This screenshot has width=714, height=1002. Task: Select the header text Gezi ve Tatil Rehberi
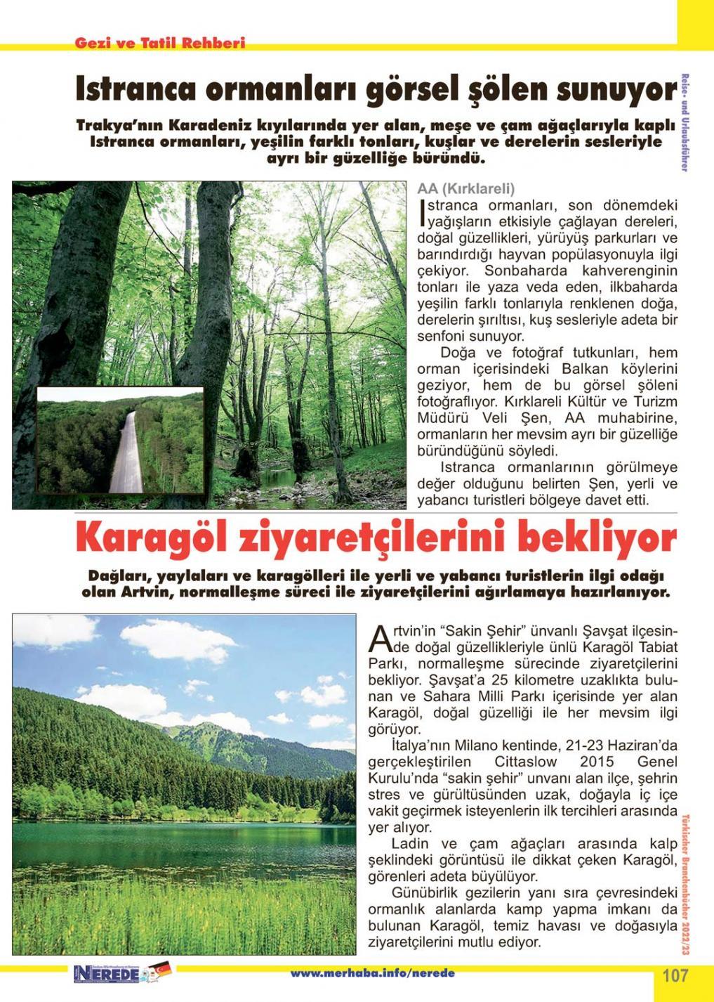[160, 43]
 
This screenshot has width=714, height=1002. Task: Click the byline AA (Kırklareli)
[466, 189]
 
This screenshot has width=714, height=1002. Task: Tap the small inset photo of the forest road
[119, 440]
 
